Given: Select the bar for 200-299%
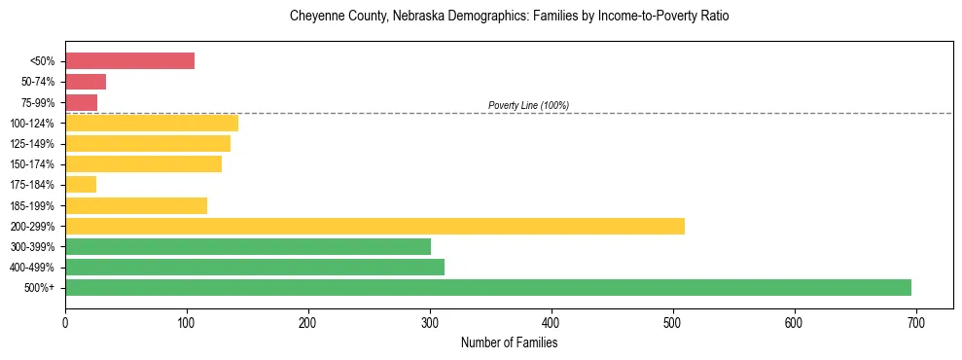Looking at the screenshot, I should point(374,226).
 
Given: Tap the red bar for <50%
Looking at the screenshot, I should point(129,61).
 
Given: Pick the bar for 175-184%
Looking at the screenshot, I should point(81,184).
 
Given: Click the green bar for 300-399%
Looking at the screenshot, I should point(248,246).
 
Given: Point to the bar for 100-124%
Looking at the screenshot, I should point(152,123).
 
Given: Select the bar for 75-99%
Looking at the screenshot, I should point(81,102).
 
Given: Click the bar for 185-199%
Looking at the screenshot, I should point(136,205).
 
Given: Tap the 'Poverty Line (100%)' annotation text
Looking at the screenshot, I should point(528,105).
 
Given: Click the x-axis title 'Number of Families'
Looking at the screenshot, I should point(509,342).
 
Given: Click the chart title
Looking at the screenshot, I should point(509,17).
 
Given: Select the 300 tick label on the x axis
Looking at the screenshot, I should point(430,322).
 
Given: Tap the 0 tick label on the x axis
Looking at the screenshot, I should point(65,322).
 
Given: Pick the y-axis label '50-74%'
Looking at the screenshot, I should point(37,82).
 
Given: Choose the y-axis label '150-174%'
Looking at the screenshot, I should point(33,164).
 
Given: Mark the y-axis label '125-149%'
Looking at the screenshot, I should point(33,144).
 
